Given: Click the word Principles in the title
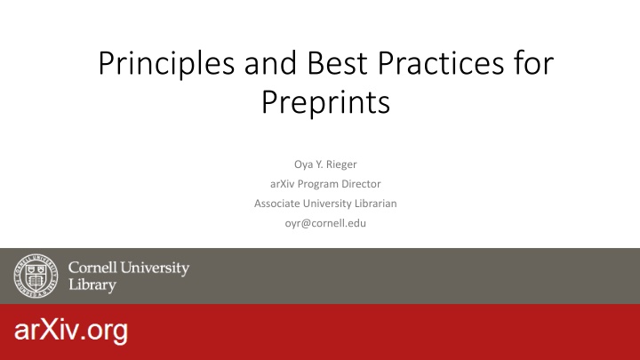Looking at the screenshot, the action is click(x=166, y=64).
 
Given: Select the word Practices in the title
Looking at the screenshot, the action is click(x=440, y=63).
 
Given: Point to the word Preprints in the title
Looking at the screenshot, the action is click(x=325, y=103).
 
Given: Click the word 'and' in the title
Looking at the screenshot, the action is click(x=271, y=63).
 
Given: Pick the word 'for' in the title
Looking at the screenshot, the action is click(x=533, y=63).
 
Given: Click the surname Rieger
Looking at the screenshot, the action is click(x=341, y=164).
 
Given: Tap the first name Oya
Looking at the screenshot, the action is click(x=303, y=165).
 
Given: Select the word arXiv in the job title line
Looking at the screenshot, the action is click(x=282, y=184).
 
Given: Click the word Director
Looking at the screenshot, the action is click(x=361, y=184).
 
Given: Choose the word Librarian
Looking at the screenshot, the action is click(x=375, y=204).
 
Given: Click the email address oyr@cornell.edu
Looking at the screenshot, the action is click(x=325, y=223).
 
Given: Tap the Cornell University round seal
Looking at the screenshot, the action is click(x=36, y=276).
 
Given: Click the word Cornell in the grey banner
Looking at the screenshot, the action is click(x=92, y=268).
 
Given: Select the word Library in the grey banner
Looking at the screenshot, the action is click(x=92, y=284).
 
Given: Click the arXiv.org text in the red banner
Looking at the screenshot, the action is click(x=71, y=331).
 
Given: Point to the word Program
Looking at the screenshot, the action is click(x=317, y=185).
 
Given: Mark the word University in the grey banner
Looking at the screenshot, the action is click(x=155, y=268).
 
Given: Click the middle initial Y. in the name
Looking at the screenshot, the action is click(x=319, y=164).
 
